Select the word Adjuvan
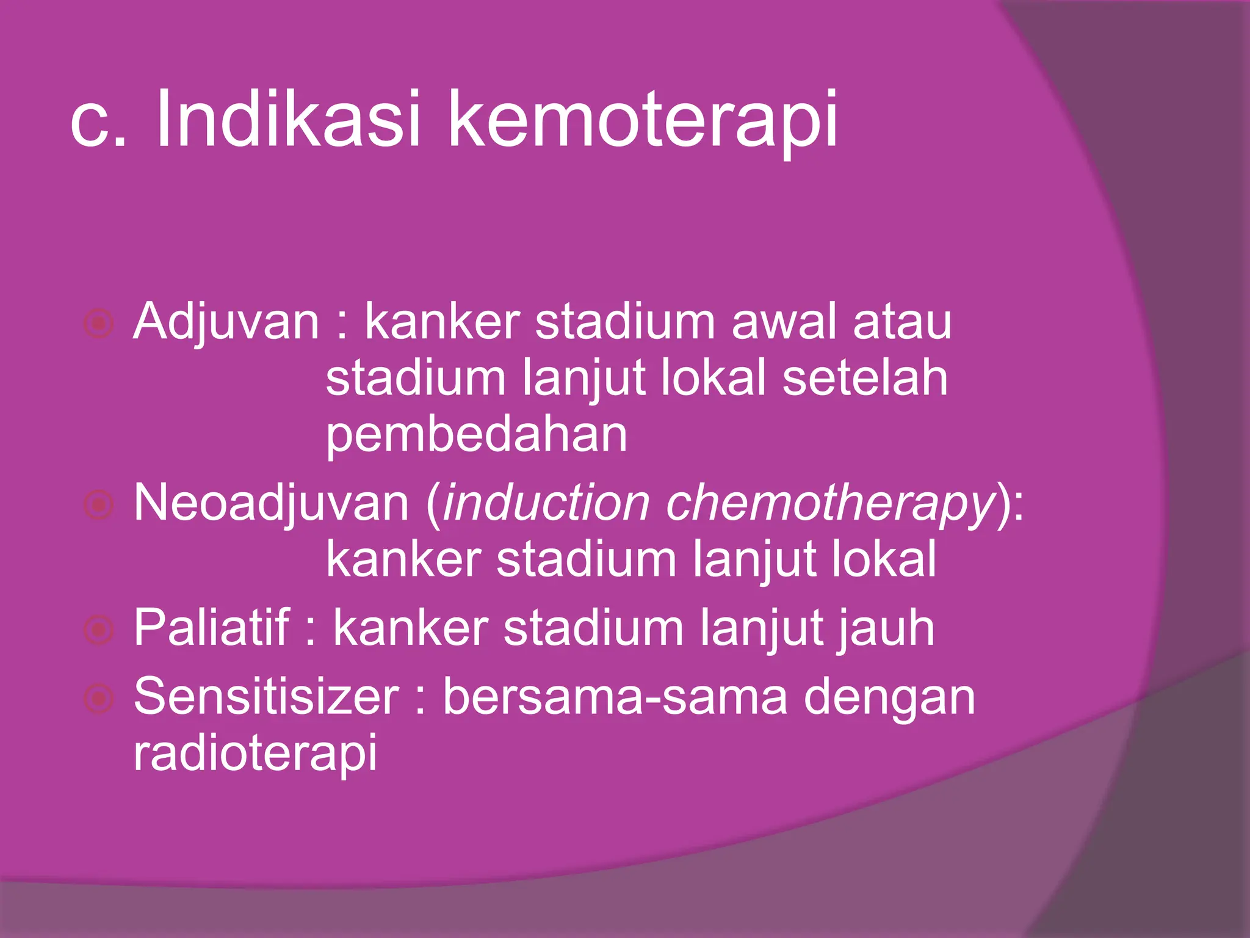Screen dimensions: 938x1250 pos(226,322)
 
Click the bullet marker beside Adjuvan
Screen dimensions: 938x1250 pos(98,324)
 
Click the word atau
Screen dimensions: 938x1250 pos(902,322)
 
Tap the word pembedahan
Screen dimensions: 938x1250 pos(476,435)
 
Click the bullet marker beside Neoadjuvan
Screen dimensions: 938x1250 pos(98,505)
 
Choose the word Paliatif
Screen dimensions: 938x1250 pos(211,628)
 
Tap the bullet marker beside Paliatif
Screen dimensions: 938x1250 pos(98,630)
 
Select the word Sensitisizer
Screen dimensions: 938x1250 pos(266,697)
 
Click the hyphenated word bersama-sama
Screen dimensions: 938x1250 pos(615,697)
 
